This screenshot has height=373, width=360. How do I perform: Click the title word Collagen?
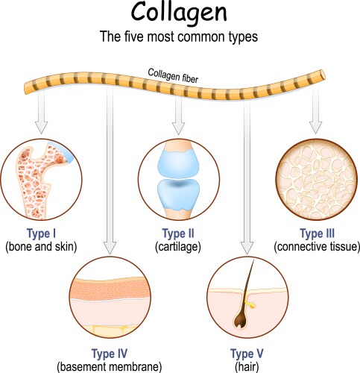coord(179,15)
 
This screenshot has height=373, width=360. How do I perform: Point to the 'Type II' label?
coord(179,233)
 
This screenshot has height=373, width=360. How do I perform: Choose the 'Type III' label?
coord(317,233)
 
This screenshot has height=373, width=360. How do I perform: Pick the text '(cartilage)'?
coord(179,245)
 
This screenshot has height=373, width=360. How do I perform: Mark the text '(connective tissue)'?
coord(317,245)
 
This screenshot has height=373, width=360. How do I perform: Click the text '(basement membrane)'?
coord(109,366)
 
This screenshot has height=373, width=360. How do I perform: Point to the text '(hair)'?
coord(247,366)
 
